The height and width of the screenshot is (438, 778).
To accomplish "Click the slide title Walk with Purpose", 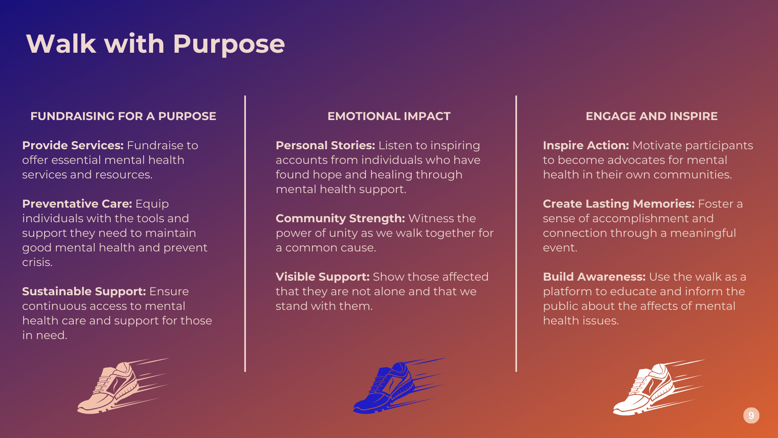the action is click(156, 44).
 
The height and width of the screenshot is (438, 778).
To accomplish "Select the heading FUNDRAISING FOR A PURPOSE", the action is click(123, 116).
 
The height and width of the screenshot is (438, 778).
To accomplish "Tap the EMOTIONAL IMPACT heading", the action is click(389, 116).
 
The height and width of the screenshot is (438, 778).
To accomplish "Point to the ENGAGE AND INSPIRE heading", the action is click(652, 116).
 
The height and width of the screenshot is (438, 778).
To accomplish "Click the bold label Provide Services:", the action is click(73, 145).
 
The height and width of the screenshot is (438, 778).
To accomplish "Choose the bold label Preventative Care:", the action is click(77, 204).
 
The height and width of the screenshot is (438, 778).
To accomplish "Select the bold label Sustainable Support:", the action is click(84, 292).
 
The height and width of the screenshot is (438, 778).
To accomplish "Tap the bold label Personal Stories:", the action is click(325, 145).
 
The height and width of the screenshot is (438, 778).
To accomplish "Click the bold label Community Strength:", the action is click(340, 219).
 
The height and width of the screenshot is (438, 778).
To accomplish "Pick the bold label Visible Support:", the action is click(323, 277).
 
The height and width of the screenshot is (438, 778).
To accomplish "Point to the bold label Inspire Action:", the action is click(586, 145).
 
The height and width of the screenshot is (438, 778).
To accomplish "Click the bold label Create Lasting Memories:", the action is click(619, 204).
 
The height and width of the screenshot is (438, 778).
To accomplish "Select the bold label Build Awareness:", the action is click(594, 277).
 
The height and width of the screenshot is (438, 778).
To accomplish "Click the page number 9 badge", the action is click(751, 415).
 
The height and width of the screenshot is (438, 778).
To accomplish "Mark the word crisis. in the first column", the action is click(37, 262).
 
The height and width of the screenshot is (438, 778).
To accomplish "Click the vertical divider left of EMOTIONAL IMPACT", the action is click(245, 234).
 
